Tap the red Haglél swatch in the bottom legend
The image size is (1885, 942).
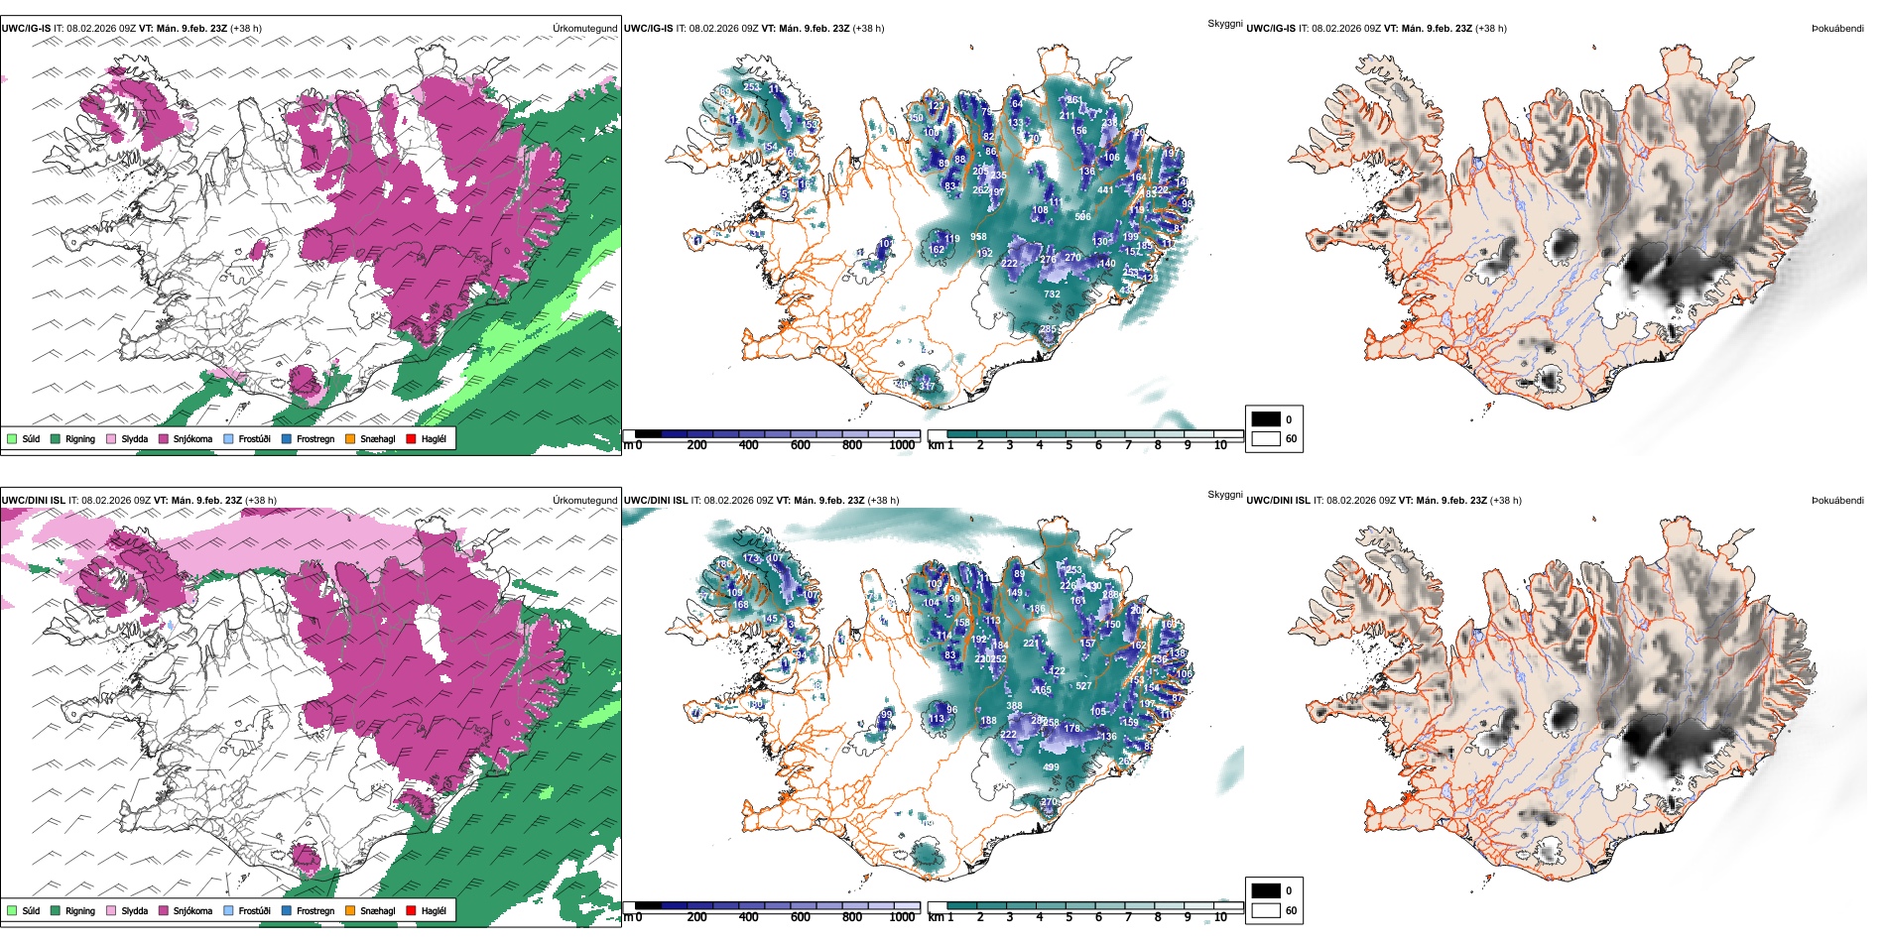[411, 910]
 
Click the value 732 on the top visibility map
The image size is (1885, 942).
[1052, 294]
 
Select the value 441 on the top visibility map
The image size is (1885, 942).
[1105, 190]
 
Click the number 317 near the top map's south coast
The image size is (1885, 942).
[928, 386]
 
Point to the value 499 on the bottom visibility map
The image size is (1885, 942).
[1051, 766]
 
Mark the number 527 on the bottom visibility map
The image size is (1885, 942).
[1083, 686]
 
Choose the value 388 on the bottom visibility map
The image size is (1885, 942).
[1014, 706]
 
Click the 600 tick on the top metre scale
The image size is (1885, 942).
[800, 445]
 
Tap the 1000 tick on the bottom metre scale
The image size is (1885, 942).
[902, 917]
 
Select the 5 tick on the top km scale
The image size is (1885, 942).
[1068, 445]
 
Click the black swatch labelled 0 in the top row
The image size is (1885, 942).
[1266, 419]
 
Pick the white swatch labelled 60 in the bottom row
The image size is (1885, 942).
[1266, 910]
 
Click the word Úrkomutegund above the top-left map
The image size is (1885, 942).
[584, 29]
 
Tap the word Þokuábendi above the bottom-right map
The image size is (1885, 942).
[1837, 501]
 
